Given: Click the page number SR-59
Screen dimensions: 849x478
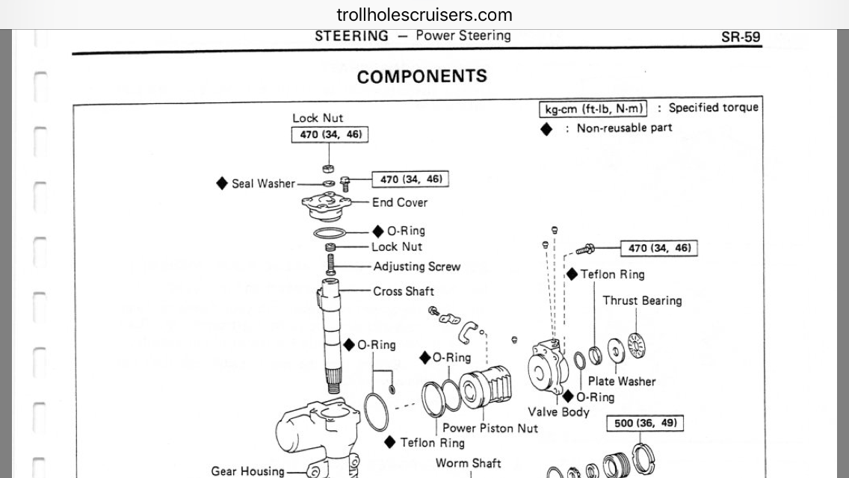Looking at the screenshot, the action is tap(740, 37).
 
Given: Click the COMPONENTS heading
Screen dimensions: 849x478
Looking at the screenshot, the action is tap(422, 76).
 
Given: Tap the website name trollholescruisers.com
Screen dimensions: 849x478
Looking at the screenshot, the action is tap(424, 15).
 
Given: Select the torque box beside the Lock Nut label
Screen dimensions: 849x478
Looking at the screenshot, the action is tap(330, 134).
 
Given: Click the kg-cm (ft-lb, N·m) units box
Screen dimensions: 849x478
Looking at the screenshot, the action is tap(593, 109).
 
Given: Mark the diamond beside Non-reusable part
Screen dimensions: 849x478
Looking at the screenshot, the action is tap(546, 129).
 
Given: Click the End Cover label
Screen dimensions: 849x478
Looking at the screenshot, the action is tap(400, 202).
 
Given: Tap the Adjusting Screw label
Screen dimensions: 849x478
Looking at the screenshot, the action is tap(416, 267).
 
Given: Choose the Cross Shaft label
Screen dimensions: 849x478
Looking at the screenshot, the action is tap(404, 291).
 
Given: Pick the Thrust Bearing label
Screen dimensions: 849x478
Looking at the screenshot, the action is tap(642, 300).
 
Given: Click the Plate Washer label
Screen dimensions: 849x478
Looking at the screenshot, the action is tap(622, 381).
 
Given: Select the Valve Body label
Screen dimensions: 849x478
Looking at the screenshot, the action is tap(558, 412).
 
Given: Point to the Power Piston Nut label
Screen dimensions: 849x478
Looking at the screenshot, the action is tap(490, 428).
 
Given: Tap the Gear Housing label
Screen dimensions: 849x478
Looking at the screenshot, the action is tap(247, 471).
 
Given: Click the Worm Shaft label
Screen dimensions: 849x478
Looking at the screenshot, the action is tap(469, 463).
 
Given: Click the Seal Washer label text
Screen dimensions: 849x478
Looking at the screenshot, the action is tap(263, 184).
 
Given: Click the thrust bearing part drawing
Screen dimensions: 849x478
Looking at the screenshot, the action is tap(636, 345).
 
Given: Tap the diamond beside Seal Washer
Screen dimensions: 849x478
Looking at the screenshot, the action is tap(221, 184).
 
